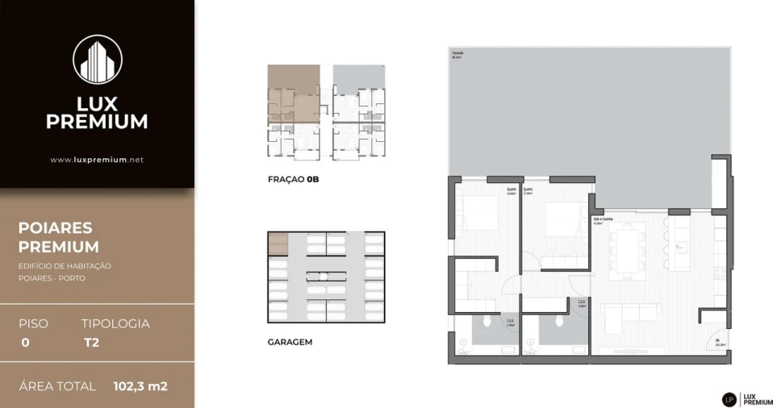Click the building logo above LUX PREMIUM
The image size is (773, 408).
[x=97, y=60]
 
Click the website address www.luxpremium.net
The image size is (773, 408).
[x=97, y=160]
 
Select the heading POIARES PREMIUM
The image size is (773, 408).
[x=59, y=238]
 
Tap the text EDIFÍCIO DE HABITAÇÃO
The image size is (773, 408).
[x=65, y=266]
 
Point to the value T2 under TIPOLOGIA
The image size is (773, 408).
[x=91, y=342]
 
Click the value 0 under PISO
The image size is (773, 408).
[x=25, y=342]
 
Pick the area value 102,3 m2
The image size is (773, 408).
[x=140, y=386]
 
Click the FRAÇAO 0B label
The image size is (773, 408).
[x=294, y=180]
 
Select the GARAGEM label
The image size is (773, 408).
[x=290, y=342]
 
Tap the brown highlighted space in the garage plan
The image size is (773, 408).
[x=278, y=244]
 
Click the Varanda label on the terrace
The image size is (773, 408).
[x=458, y=55]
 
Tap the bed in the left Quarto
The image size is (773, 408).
[x=480, y=214]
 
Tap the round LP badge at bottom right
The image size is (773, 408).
[x=729, y=398]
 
